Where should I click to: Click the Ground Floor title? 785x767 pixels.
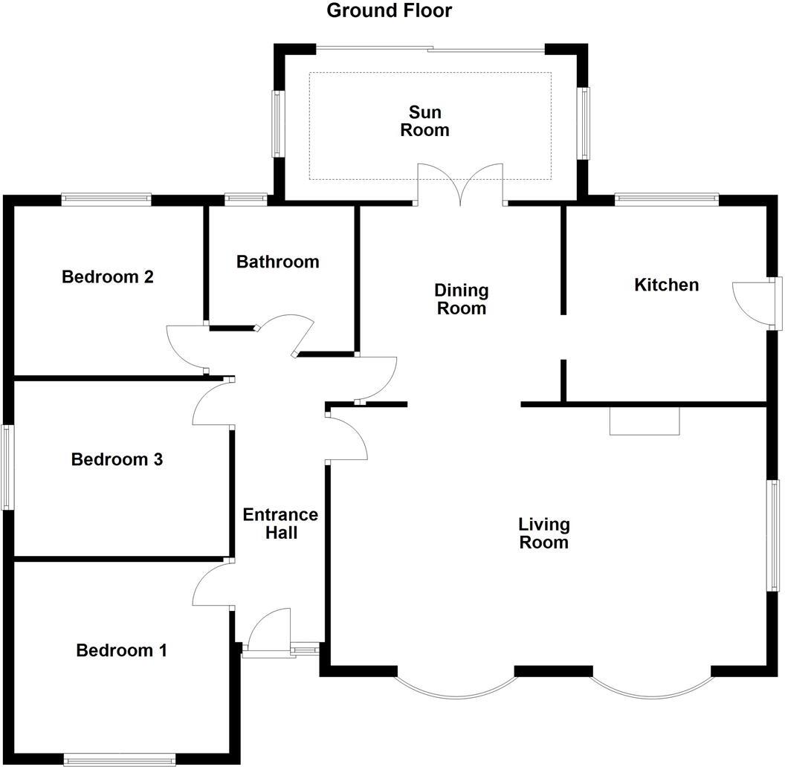coord(389,11)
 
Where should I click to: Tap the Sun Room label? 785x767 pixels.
coord(424,121)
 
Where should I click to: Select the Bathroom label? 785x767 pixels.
coord(277,262)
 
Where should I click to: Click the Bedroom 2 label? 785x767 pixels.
coord(108,277)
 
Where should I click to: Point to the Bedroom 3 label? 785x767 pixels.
coord(117,460)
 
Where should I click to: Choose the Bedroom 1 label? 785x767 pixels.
coord(121,651)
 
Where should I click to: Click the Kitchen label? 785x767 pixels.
coord(666,285)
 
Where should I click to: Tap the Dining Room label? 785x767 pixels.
coord(461,299)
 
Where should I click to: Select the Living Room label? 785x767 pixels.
coord(543,534)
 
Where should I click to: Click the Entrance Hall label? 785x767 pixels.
coord(280,524)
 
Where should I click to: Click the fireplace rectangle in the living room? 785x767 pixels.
coord(645,421)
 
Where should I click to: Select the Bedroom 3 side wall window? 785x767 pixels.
coord(7,467)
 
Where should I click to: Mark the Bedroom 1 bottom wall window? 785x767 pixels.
coord(119,759)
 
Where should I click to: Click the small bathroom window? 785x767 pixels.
coord(245,198)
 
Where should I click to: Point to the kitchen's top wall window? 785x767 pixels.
coord(666,198)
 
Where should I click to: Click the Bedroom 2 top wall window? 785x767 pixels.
coord(106,198)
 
